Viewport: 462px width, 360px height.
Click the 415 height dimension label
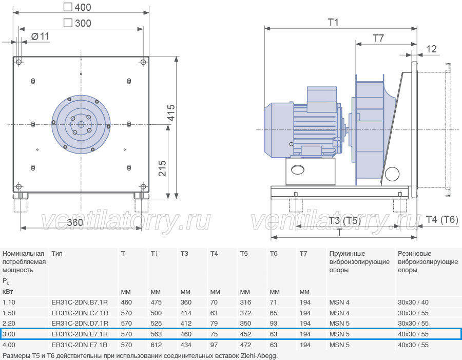tap(171, 112)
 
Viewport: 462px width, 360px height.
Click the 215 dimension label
tap(162, 168)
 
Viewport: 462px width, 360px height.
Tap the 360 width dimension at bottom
tap(75, 222)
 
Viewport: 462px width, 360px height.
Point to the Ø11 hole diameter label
tap(40, 36)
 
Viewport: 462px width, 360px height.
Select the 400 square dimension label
tap(78, 7)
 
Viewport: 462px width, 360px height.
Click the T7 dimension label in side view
tap(378, 38)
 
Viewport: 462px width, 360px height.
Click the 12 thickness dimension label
tap(431, 49)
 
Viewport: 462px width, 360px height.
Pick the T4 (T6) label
tap(442, 219)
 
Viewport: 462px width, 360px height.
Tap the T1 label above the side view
tap(333, 23)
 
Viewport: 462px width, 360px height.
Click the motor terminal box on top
tap(322, 99)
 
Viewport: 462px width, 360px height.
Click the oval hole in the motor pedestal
tap(298, 169)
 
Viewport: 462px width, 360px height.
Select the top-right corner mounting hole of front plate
tap(143, 62)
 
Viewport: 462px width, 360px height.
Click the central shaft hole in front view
tap(81, 125)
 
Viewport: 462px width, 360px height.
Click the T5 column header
tap(244, 254)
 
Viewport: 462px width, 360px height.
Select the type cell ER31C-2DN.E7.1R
tap(80, 334)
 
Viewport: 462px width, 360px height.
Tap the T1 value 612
tap(156, 345)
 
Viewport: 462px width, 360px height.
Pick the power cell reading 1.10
tap(9, 302)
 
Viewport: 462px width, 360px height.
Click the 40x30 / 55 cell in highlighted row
tap(413, 334)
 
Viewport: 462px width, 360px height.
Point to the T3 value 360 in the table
tap(186, 302)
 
